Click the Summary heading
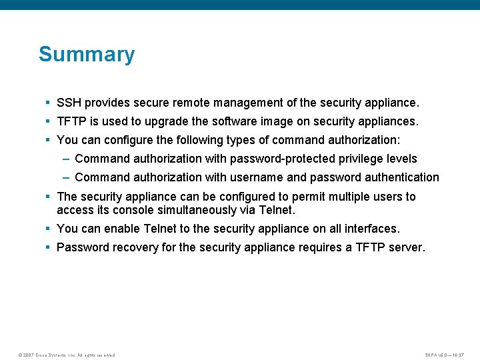87,54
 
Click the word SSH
69,103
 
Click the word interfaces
372,229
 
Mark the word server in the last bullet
406,247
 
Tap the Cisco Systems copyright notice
67,355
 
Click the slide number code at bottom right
445,355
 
